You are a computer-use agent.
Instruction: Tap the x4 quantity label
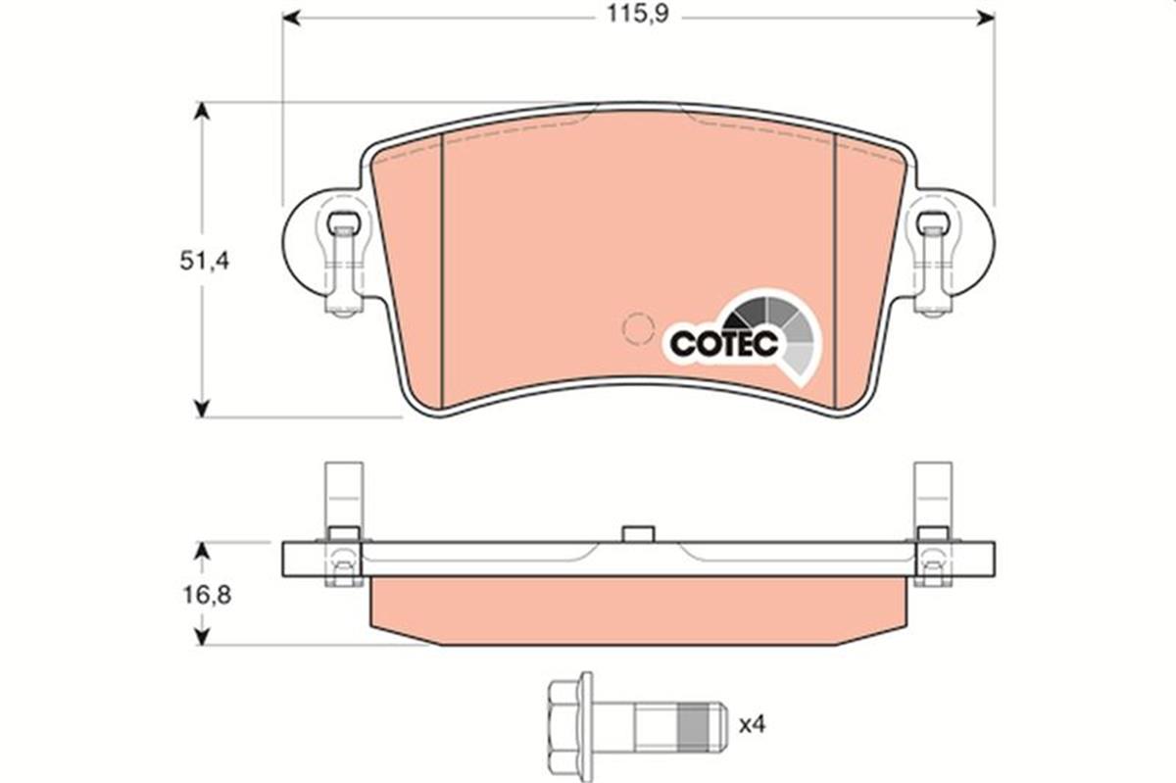tap(752, 724)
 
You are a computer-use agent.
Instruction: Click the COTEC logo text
tap(724, 343)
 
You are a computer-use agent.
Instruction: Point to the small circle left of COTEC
tap(639, 327)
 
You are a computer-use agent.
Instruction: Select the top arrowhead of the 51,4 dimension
tap(202, 110)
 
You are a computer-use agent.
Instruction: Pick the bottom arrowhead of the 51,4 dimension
tap(202, 408)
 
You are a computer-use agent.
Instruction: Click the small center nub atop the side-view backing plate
tap(638, 533)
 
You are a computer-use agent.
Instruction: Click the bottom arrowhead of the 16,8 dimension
tap(202, 636)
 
